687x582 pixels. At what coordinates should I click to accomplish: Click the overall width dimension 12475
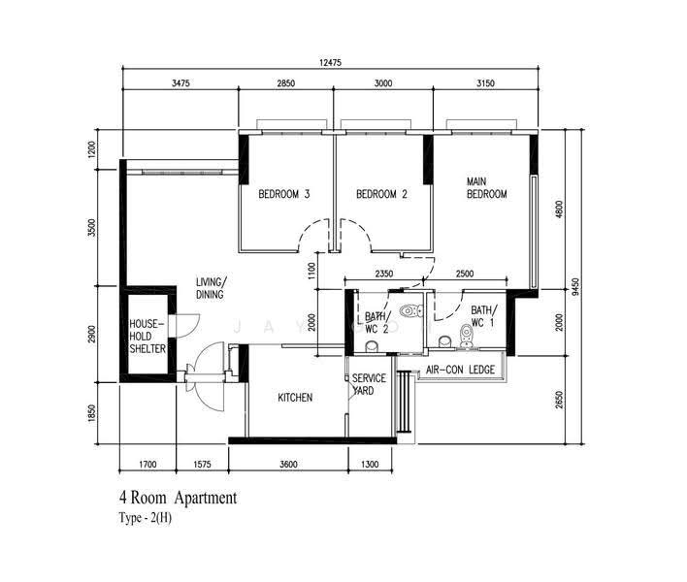tap(330, 63)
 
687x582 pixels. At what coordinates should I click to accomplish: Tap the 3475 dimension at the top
tap(180, 83)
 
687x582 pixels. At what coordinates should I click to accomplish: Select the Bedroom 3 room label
tap(284, 194)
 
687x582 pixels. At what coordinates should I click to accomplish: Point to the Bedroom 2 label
tap(381, 194)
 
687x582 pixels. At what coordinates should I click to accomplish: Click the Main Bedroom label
tap(487, 188)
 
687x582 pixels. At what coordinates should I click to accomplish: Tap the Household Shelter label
tap(147, 337)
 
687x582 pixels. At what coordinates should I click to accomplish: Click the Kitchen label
tap(295, 397)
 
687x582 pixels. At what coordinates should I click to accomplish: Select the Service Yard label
tap(369, 384)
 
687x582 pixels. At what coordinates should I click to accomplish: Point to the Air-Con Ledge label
tap(461, 370)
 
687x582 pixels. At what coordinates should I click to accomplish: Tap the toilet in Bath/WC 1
tap(466, 337)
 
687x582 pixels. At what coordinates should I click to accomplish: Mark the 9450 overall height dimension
tap(575, 286)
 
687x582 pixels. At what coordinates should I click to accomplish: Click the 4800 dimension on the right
tap(559, 210)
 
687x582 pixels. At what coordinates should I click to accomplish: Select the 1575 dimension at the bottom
tap(202, 465)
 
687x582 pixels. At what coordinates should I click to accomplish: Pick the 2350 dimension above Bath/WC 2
tap(384, 274)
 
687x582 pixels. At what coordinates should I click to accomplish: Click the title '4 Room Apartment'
tap(178, 498)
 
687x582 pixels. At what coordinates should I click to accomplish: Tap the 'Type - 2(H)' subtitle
tap(145, 518)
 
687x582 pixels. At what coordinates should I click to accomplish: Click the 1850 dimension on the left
tap(91, 413)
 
